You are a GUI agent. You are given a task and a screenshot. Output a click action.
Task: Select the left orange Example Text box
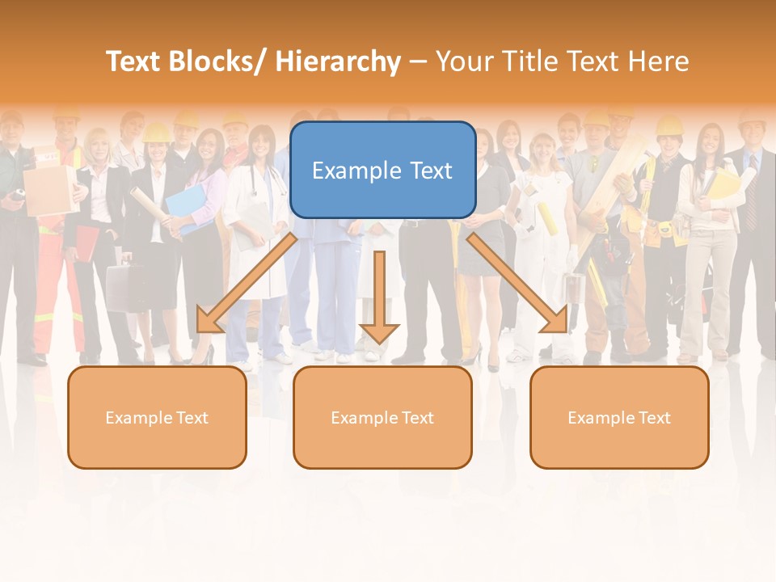click(157, 417)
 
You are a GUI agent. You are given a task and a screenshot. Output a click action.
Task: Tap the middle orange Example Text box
click(382, 417)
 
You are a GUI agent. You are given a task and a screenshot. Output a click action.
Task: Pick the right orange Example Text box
click(619, 417)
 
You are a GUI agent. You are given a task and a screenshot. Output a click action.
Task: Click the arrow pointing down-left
click(246, 283)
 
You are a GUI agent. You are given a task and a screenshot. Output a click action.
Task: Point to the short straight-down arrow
click(379, 299)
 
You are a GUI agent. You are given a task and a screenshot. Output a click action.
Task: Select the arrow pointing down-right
click(517, 283)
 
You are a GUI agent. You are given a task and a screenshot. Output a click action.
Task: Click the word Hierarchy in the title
click(338, 61)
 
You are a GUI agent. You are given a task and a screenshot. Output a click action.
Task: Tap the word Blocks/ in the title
click(213, 61)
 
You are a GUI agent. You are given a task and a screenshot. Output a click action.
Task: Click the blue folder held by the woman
click(187, 205)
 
